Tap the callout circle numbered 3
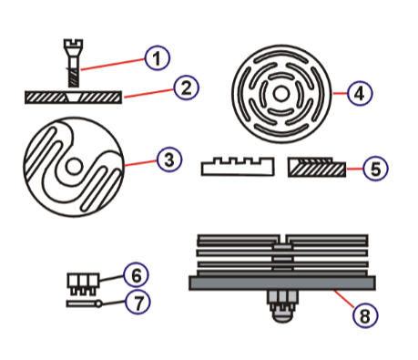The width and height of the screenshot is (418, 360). [168, 159]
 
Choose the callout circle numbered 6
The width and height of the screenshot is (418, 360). [134, 273]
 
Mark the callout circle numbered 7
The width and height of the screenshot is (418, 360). [134, 299]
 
